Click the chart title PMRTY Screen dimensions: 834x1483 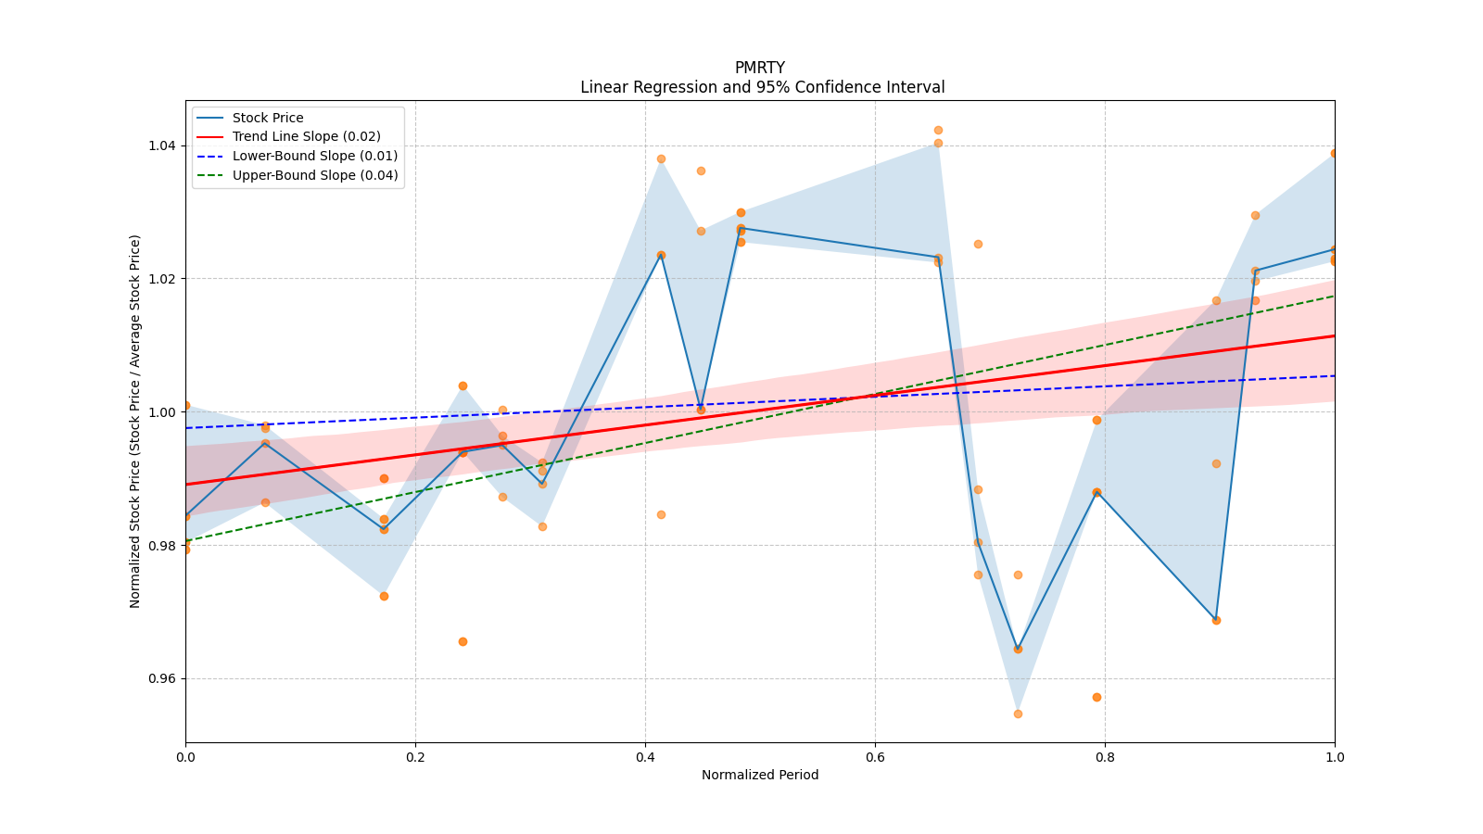(x=759, y=68)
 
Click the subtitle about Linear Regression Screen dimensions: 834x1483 (x=762, y=87)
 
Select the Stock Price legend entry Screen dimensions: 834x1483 (x=267, y=118)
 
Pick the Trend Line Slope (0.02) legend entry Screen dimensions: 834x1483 (x=306, y=137)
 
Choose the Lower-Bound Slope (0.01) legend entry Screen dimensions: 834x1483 (x=314, y=157)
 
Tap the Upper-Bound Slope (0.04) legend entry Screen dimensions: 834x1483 (x=314, y=175)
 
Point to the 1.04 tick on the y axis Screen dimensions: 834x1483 (x=161, y=145)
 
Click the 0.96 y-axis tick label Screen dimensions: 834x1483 (x=161, y=678)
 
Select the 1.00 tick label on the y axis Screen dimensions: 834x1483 (x=161, y=412)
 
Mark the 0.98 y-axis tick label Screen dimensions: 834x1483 (x=161, y=545)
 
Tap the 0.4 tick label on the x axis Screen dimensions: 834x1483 (x=645, y=757)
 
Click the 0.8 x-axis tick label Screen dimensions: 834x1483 (x=1105, y=757)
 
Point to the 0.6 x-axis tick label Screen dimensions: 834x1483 (x=875, y=757)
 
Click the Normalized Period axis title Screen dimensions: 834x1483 (x=760, y=775)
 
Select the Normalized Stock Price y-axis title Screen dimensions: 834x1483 (x=135, y=421)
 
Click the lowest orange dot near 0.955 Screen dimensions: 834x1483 (x=1018, y=714)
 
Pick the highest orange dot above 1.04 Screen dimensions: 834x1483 (x=938, y=130)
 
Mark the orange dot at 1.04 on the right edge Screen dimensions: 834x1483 (x=1334, y=153)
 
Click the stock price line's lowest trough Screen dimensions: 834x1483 (x=1018, y=649)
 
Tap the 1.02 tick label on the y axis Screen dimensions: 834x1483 (x=161, y=279)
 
